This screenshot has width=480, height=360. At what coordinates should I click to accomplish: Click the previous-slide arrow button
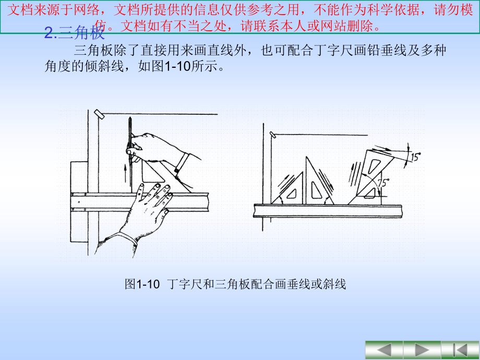(x=384, y=350)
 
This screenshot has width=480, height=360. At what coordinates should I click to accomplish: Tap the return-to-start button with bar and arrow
(x=460, y=350)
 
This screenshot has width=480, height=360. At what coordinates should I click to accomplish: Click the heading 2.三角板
(x=75, y=34)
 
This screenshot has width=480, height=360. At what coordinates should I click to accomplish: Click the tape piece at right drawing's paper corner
(x=272, y=135)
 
